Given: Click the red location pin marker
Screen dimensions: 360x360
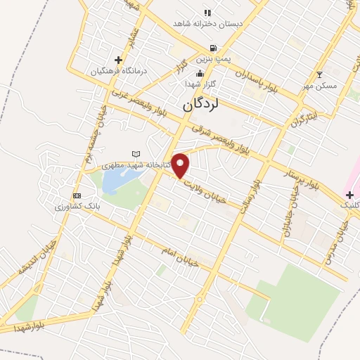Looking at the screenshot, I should coord(181,165).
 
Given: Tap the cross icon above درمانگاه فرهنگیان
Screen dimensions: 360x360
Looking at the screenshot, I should coord(118,60).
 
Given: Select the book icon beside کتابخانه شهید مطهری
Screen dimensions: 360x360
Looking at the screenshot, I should coord(136,154).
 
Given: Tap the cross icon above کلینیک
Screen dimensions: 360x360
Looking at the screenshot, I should coord(349,194).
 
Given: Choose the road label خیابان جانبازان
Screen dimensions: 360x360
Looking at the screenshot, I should coord(288,215).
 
